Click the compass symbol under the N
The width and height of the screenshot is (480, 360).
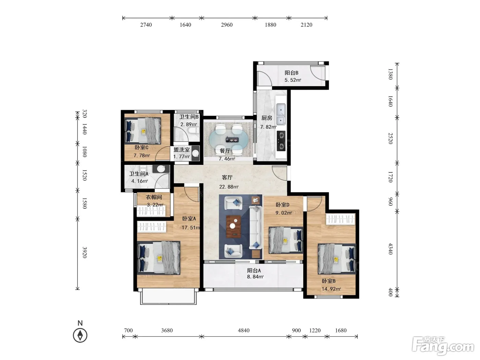coord(80,335)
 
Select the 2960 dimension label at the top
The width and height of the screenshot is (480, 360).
coord(227,25)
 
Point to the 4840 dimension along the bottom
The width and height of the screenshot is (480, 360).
coord(244,330)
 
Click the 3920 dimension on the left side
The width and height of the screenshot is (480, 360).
coord(85,252)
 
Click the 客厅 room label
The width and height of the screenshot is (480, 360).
coord(227,177)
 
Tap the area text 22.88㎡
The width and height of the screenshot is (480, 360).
coord(229,187)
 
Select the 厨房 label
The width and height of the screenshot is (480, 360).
coord(267,118)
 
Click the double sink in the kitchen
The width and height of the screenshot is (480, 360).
coord(281,114)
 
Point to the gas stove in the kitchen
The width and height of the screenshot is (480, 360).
coord(281,141)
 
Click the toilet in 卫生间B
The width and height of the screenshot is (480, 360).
coord(194,131)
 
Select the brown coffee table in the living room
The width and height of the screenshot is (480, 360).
coord(233,227)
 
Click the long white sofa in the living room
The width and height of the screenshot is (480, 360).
coord(256,227)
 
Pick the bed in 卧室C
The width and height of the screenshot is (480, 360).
coord(143,131)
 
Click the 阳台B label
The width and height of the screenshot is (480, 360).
coord(291,73)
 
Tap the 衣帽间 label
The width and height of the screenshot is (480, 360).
coord(154,197)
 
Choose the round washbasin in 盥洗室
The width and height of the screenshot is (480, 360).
coord(196,153)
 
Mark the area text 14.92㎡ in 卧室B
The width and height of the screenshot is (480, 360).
coord(331,289)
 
